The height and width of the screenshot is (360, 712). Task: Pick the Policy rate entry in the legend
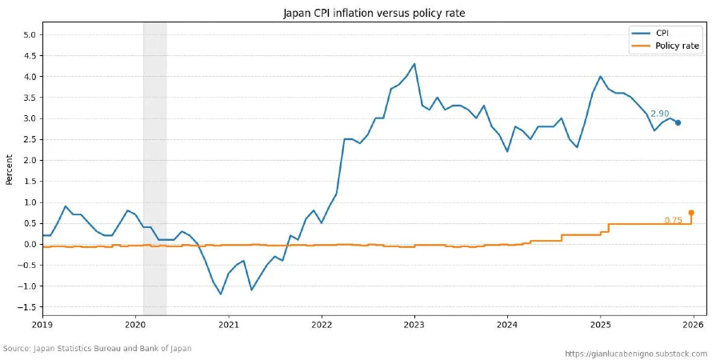677,46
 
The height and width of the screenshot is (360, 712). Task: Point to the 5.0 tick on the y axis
29,35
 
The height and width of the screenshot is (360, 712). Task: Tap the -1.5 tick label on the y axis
27,307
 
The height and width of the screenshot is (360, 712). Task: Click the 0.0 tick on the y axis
29,244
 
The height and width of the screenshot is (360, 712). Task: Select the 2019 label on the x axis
42,325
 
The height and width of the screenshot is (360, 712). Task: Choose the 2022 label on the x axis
321,325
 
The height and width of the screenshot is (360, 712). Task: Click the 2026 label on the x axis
693,325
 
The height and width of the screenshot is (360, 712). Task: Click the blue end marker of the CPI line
678,122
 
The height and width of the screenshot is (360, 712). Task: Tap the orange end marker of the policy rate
691,213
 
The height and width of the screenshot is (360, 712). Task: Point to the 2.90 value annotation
659,114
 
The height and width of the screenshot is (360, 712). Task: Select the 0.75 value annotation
673,221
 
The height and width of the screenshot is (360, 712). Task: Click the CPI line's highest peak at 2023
414,64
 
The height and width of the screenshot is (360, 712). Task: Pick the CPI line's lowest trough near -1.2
221,294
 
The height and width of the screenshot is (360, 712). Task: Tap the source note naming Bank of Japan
98,349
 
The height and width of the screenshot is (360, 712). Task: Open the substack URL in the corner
635,353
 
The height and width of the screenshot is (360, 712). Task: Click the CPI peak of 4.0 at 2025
600,77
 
